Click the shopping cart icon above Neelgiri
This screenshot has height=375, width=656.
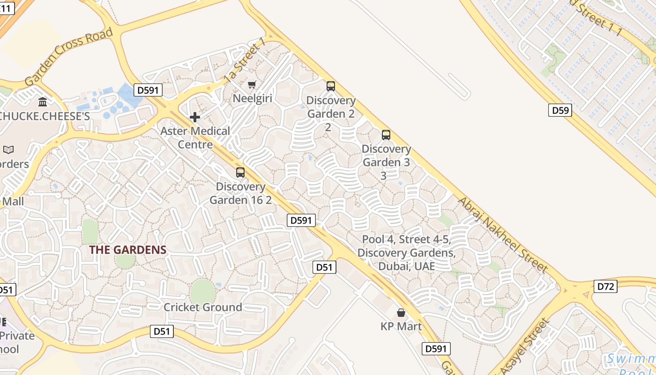tap(252, 84)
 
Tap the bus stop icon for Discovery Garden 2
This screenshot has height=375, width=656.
tap(331, 86)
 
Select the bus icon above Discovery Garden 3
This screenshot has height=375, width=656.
tap(386, 135)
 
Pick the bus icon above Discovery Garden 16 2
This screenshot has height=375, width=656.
tap(240, 172)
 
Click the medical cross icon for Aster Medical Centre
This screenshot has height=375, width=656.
tap(195, 117)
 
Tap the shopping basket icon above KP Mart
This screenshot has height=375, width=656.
tap(401, 313)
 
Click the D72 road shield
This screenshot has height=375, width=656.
tap(605, 286)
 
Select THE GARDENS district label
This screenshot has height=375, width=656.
tap(128, 250)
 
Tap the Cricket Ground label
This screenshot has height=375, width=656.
tap(202, 307)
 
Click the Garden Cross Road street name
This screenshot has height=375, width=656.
tap(69, 56)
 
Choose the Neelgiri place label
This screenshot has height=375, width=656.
tap(253, 98)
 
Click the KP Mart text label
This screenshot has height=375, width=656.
tap(401, 326)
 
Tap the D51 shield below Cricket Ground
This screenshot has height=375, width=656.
tap(162, 331)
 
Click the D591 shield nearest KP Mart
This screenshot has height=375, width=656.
tap(436, 348)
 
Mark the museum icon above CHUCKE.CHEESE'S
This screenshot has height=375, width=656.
tap(43, 102)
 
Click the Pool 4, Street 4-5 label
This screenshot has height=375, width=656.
tap(406, 253)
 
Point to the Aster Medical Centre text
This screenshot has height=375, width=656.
tap(195, 137)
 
